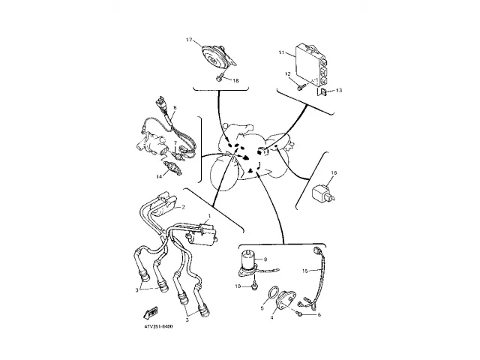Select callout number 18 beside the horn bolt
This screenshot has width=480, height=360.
[236, 79]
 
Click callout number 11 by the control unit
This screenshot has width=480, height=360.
[281, 54]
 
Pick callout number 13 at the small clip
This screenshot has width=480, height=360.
[339, 90]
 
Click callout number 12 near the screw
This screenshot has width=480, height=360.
[286, 73]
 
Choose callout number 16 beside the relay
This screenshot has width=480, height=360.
[334, 173]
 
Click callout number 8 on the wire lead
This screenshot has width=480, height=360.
[174, 108]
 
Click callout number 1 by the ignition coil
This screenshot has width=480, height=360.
[208, 216]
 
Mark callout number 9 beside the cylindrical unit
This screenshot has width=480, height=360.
[265, 259]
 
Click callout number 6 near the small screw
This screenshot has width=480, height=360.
[319, 315]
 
